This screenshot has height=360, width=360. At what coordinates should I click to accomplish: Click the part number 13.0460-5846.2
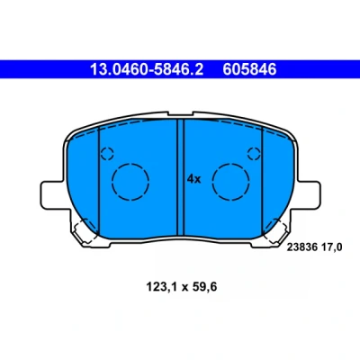coord(147,69)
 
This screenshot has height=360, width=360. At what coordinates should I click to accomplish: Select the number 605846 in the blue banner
coord(249,69)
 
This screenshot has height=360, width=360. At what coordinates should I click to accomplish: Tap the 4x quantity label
coord(193,179)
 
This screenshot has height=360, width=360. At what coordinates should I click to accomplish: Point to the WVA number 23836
coord(302,247)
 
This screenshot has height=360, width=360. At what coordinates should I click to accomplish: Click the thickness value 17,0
coord(331,247)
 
